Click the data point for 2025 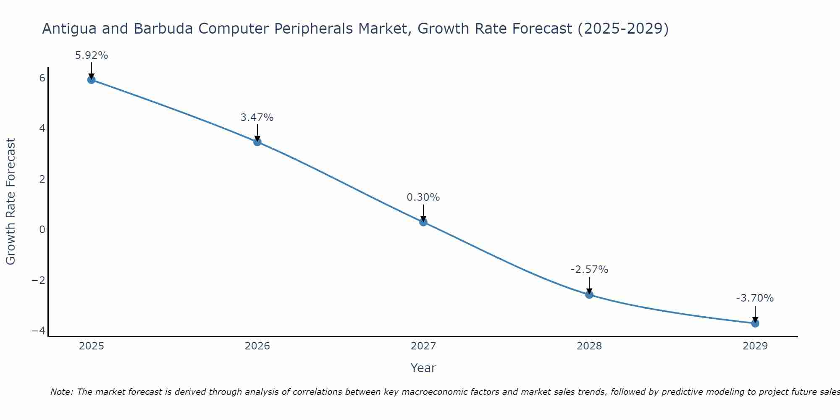pyautogui.click(x=92, y=80)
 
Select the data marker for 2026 pyautogui.click(x=257, y=142)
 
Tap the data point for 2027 pyautogui.click(x=423, y=222)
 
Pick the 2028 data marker pyautogui.click(x=589, y=295)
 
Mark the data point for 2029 pyautogui.click(x=755, y=323)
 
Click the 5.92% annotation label pyautogui.click(x=92, y=55)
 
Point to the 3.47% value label pyautogui.click(x=257, y=118)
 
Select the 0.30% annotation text pyautogui.click(x=423, y=197)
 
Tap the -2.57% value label pyautogui.click(x=589, y=270)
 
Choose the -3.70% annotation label pyautogui.click(x=755, y=298)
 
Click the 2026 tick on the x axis pyautogui.click(x=257, y=346)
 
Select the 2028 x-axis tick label pyautogui.click(x=589, y=346)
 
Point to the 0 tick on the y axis pyautogui.click(x=42, y=230)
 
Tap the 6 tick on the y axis pyautogui.click(x=42, y=78)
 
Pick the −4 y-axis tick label pyautogui.click(x=39, y=331)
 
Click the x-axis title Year pyautogui.click(x=423, y=368)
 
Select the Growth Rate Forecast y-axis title pyautogui.click(x=10, y=202)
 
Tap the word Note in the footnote pyautogui.click(x=62, y=392)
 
